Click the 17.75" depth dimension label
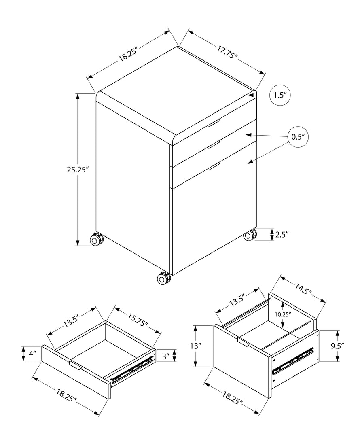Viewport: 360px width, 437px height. point(227,52)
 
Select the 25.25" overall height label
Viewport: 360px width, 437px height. point(78,170)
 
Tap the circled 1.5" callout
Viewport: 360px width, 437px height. point(280,95)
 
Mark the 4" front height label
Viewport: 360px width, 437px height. point(32,354)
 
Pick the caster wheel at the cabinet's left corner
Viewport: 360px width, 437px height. point(96,240)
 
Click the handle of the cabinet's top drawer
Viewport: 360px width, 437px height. point(214,123)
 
